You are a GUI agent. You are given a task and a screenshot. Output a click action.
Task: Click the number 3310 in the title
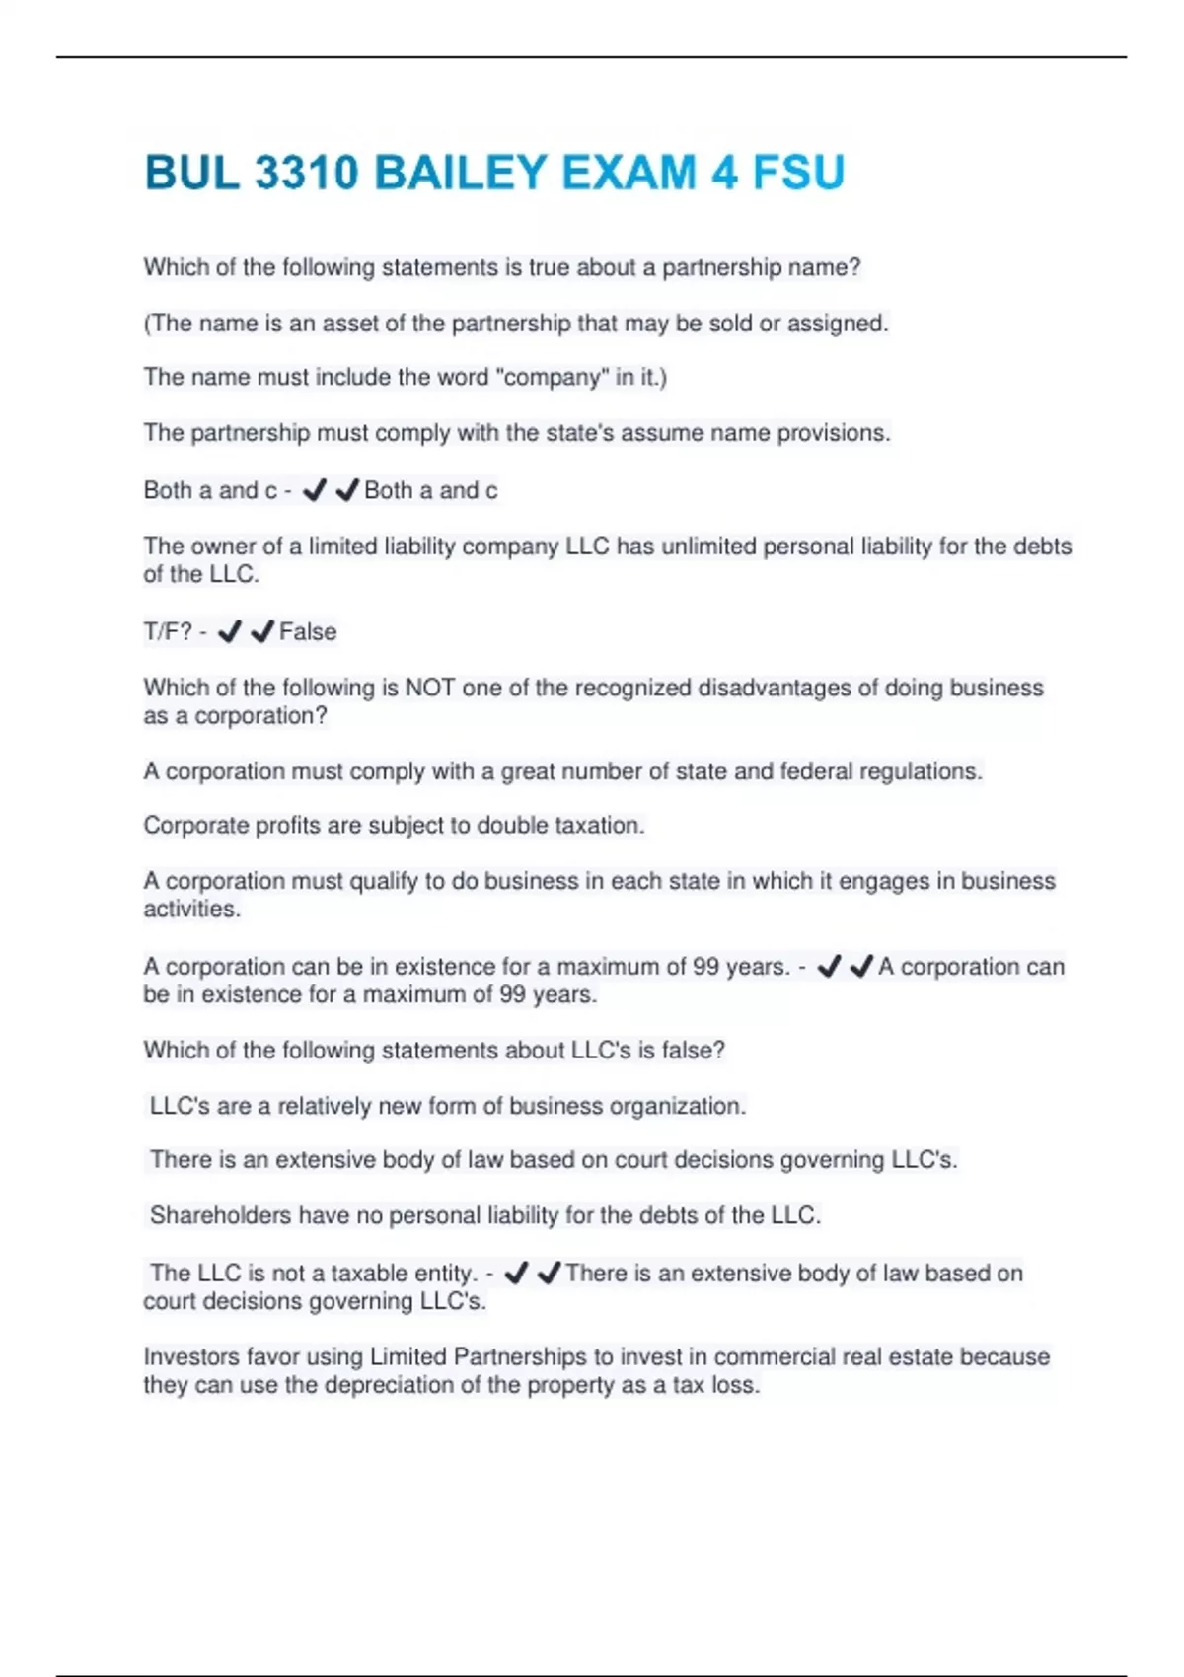(306, 174)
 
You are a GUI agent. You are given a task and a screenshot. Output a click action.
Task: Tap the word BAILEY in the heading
(460, 174)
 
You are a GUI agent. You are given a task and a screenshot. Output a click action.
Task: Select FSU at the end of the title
(798, 174)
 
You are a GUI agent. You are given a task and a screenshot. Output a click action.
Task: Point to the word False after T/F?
(308, 631)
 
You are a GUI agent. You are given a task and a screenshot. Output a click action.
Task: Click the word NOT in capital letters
(430, 688)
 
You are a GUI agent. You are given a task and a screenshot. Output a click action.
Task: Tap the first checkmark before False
(230, 631)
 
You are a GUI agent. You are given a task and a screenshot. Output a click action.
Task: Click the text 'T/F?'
(168, 631)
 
